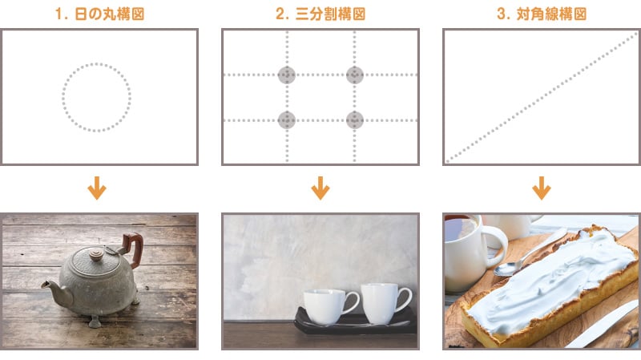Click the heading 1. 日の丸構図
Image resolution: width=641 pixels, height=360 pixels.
pyautogui.click(x=99, y=14)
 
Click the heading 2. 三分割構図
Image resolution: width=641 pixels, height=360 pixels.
pyautogui.click(x=320, y=14)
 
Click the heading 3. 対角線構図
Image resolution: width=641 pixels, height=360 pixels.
pyautogui.click(x=542, y=14)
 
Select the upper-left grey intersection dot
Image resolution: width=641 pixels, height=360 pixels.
pyautogui.click(x=287, y=75)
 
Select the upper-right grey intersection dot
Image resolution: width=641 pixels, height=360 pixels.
pyautogui.click(x=354, y=75)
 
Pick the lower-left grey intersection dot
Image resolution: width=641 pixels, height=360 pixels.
pyautogui.click(x=287, y=120)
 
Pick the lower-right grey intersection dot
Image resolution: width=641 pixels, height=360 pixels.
pyautogui.click(x=354, y=120)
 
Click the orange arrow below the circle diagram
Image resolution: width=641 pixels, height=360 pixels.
pyautogui.click(x=97, y=188)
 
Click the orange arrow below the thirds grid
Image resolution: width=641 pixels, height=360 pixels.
pyautogui.click(x=320, y=188)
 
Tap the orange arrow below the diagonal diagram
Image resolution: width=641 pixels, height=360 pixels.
pyautogui.click(x=542, y=188)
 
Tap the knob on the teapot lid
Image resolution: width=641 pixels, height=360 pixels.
pyautogui.click(x=96, y=255)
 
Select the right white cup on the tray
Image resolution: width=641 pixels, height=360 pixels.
pyautogui.click(x=385, y=303)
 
